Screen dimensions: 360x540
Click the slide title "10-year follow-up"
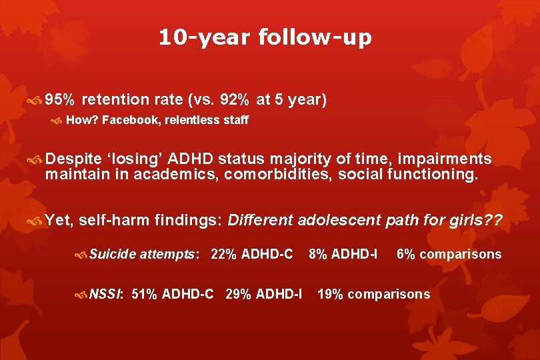[x=265, y=37]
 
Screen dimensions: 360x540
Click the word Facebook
[x=130, y=121]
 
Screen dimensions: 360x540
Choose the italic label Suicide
[x=112, y=254]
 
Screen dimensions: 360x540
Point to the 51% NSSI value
[x=144, y=294]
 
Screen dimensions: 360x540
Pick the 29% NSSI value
[x=237, y=294]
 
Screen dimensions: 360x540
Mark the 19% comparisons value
[x=329, y=294]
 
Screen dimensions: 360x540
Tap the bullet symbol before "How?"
[x=58, y=121]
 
